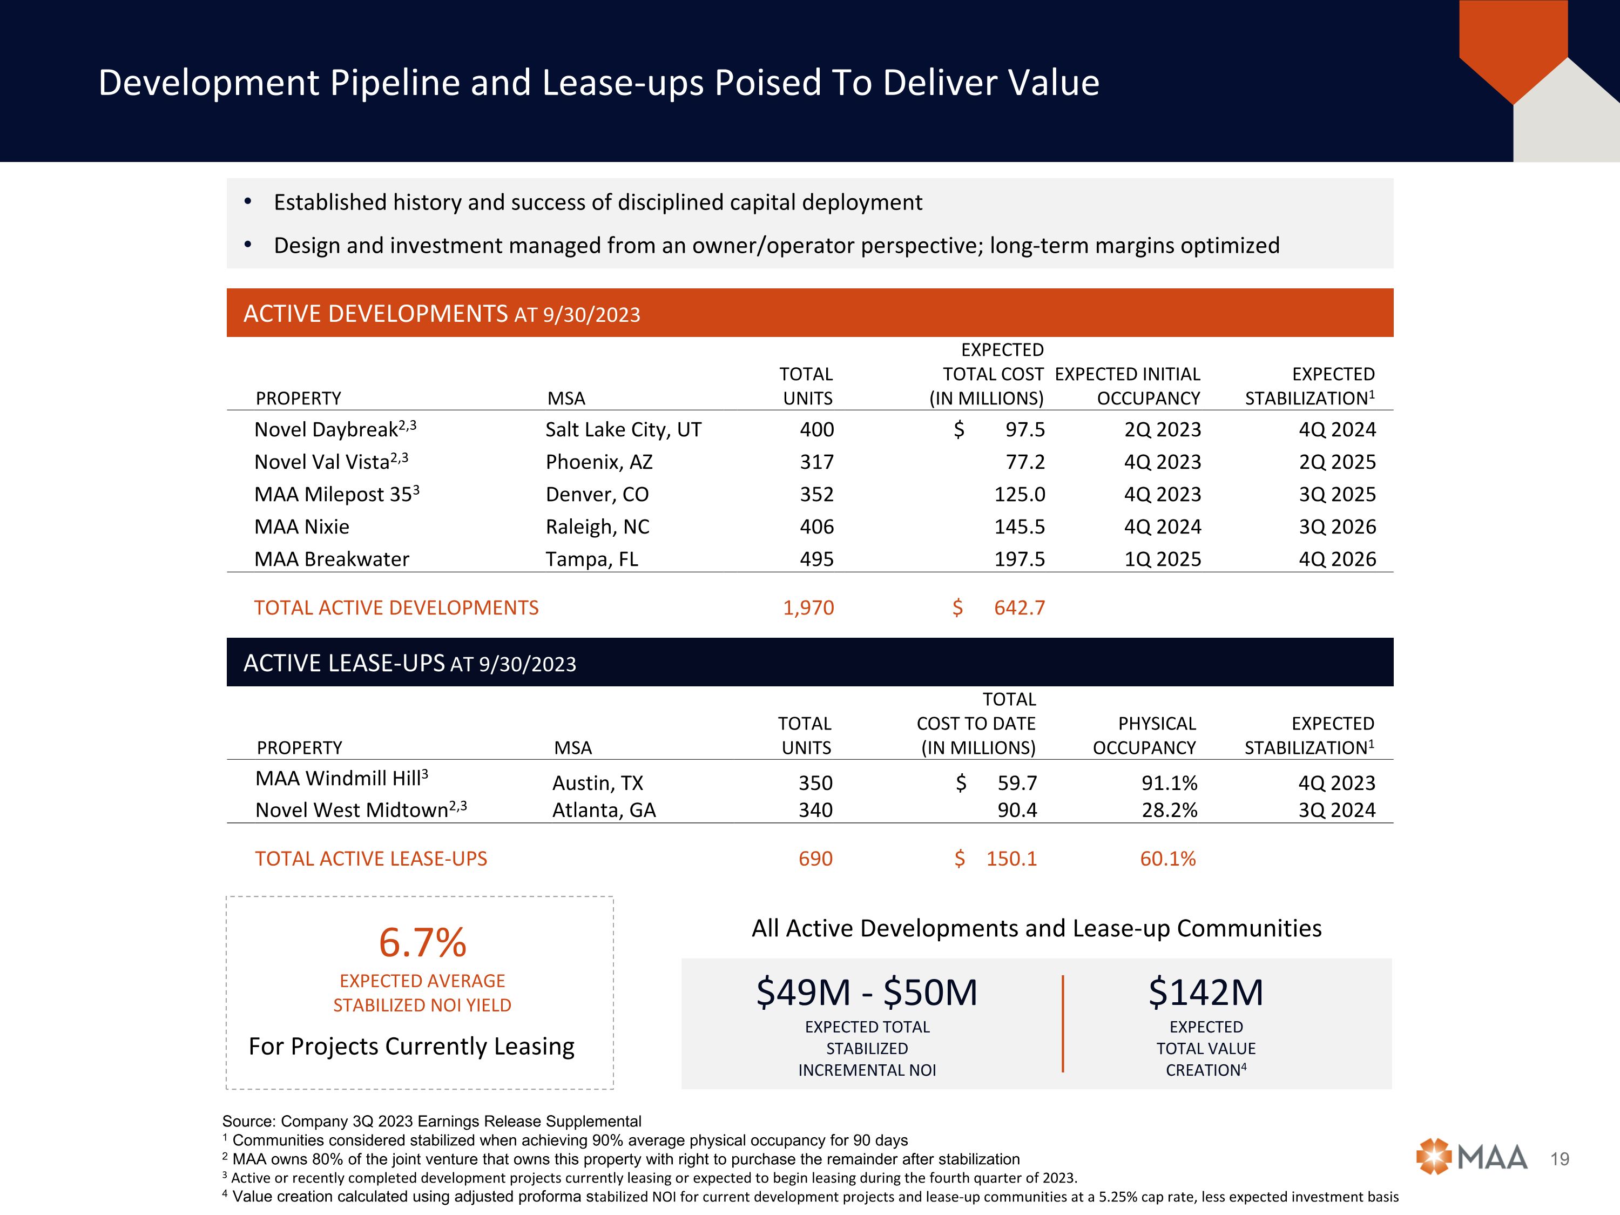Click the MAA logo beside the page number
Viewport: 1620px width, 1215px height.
point(1471,1158)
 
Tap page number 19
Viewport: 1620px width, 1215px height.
point(1560,1159)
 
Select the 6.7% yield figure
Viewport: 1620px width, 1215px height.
point(423,942)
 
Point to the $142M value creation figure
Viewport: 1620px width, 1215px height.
point(1205,993)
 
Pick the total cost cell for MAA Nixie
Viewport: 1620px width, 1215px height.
point(1020,526)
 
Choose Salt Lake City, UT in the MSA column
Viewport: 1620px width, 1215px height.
point(623,430)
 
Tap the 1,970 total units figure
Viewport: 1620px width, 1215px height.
point(808,608)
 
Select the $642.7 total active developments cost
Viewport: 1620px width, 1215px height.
point(1019,608)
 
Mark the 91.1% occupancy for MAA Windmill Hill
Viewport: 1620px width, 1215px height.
point(1169,783)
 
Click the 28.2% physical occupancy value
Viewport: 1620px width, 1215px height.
point(1169,810)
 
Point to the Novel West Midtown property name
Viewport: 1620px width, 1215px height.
point(352,810)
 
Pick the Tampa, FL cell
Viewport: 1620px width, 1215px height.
point(592,559)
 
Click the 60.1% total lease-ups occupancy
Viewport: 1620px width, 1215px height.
point(1167,859)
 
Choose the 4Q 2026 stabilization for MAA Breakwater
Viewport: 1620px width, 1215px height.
point(1337,559)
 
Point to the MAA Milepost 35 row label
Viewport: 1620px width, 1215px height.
point(333,494)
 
